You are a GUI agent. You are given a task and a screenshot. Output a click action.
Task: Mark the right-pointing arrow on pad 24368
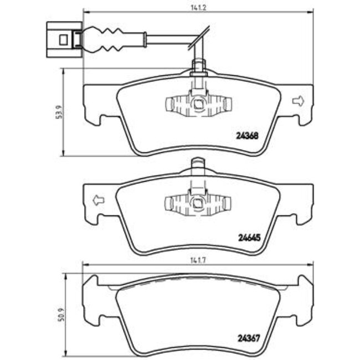[x=298, y=101]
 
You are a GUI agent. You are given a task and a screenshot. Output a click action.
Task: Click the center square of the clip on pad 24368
[x=198, y=104]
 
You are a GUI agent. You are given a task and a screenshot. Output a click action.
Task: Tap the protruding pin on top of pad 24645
[x=198, y=164]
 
